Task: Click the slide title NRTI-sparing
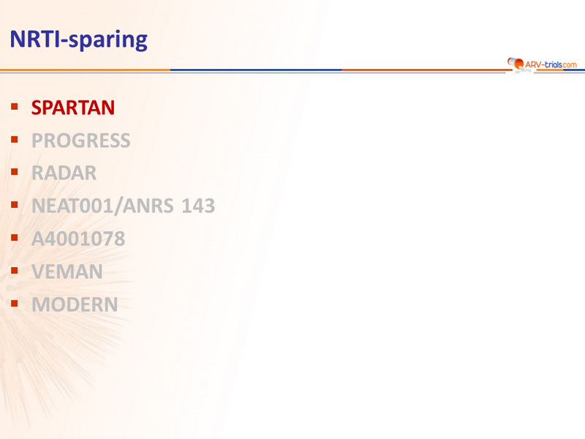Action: coord(79,40)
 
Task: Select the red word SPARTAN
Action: coord(73,108)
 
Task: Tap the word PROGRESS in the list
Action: coord(81,140)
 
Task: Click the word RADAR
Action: coord(64,173)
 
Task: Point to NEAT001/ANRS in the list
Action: coord(102,206)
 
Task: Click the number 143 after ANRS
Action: coord(198,206)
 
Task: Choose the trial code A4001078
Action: coord(78,239)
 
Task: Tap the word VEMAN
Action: coord(67,271)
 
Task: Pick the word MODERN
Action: coord(75,304)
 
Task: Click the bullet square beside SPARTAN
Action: coord(15,107)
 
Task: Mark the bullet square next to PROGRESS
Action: coord(15,140)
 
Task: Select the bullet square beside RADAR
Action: coord(15,172)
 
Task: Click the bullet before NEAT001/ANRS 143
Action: coord(15,205)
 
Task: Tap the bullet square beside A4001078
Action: coord(15,237)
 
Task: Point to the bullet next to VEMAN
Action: coord(15,270)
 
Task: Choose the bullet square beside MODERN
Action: coord(15,303)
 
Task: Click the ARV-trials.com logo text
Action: coord(551,64)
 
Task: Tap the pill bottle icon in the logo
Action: coord(516,63)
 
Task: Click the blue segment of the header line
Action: coord(256,70)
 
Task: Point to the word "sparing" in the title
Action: coord(108,40)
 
